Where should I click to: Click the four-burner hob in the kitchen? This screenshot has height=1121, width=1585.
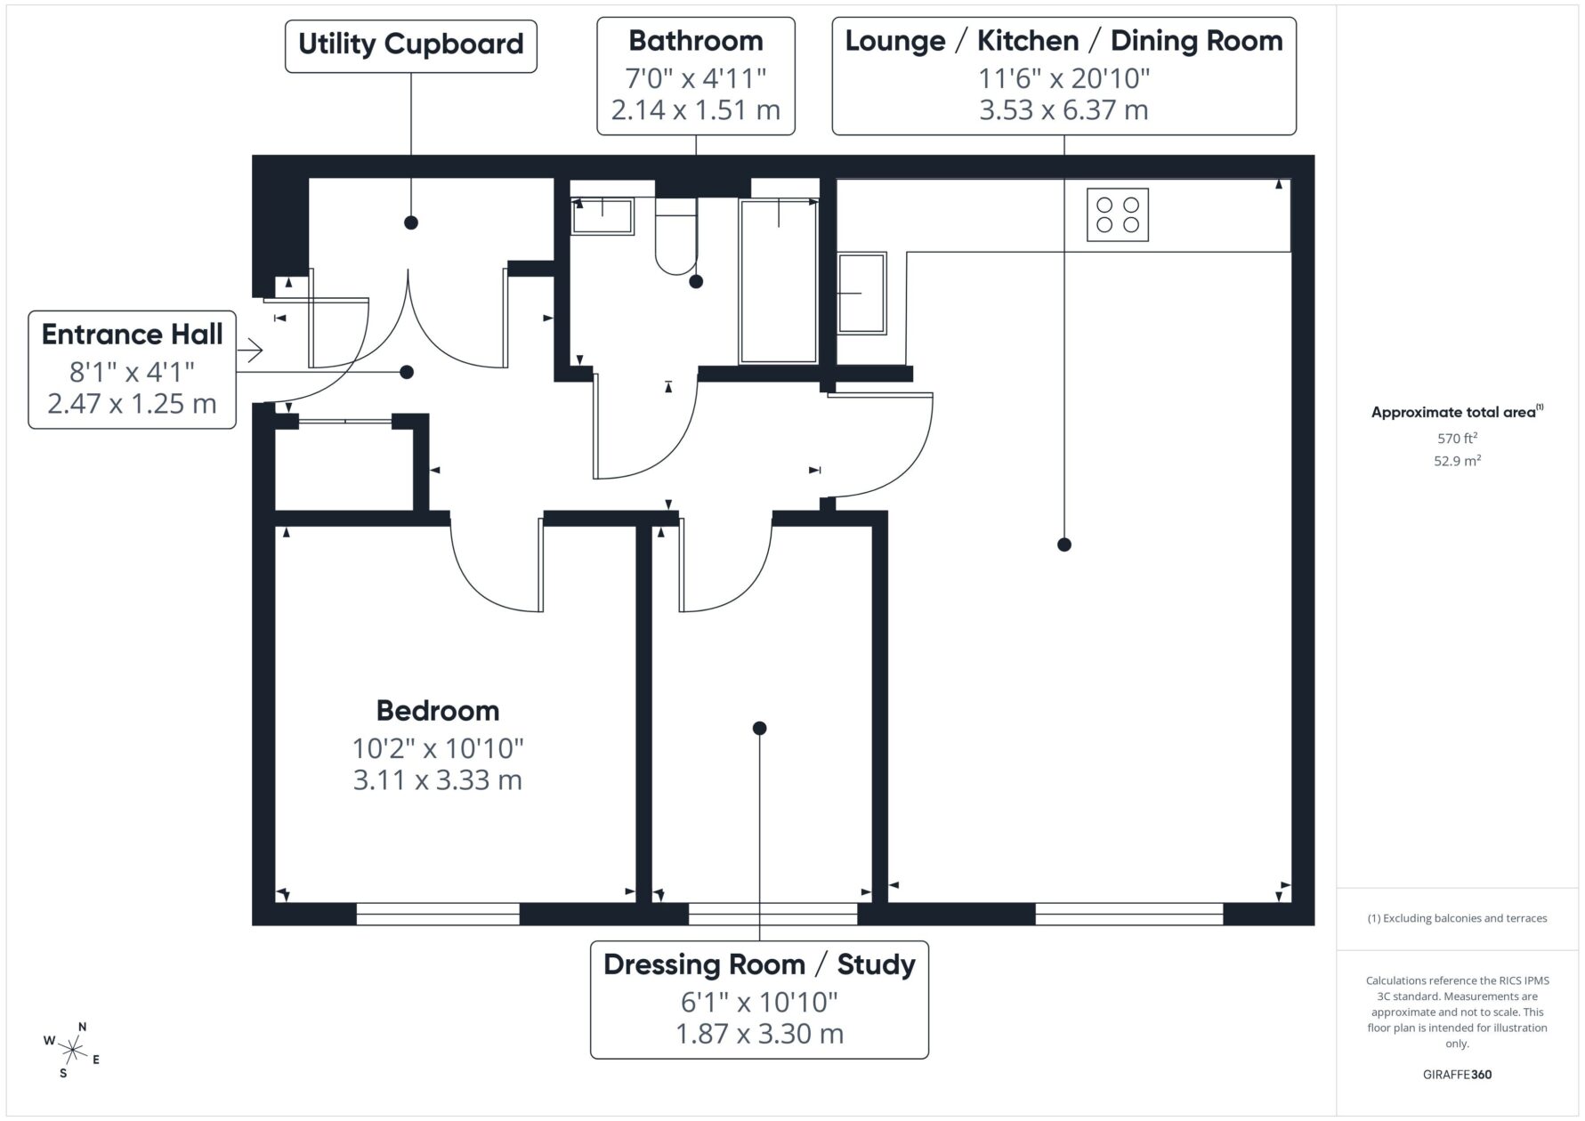(1117, 214)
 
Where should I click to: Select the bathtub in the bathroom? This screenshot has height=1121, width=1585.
(779, 280)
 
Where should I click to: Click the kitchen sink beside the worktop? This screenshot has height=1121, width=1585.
(861, 293)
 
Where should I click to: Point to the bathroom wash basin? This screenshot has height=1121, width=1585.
(602, 216)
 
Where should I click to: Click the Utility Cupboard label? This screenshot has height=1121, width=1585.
(411, 44)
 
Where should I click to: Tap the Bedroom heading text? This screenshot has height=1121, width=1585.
(438, 710)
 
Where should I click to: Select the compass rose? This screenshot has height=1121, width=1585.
(72, 1051)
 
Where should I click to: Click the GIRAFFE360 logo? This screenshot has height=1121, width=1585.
(1457, 1074)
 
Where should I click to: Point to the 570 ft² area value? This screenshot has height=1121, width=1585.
(1457, 438)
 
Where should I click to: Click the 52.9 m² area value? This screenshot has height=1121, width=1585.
(1457, 461)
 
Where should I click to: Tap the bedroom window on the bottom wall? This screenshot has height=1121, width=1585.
(438, 914)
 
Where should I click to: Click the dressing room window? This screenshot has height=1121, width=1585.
(773, 914)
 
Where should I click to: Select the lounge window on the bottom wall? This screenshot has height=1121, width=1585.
(1129, 914)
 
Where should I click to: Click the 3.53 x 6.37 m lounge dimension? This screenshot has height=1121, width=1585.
(1063, 110)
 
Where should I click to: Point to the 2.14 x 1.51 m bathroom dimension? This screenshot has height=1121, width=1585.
(696, 110)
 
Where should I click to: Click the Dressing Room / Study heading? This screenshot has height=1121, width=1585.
(759, 964)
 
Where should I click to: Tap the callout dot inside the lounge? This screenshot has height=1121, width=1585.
(1063, 544)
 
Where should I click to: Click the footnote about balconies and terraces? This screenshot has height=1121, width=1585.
(1457, 918)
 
